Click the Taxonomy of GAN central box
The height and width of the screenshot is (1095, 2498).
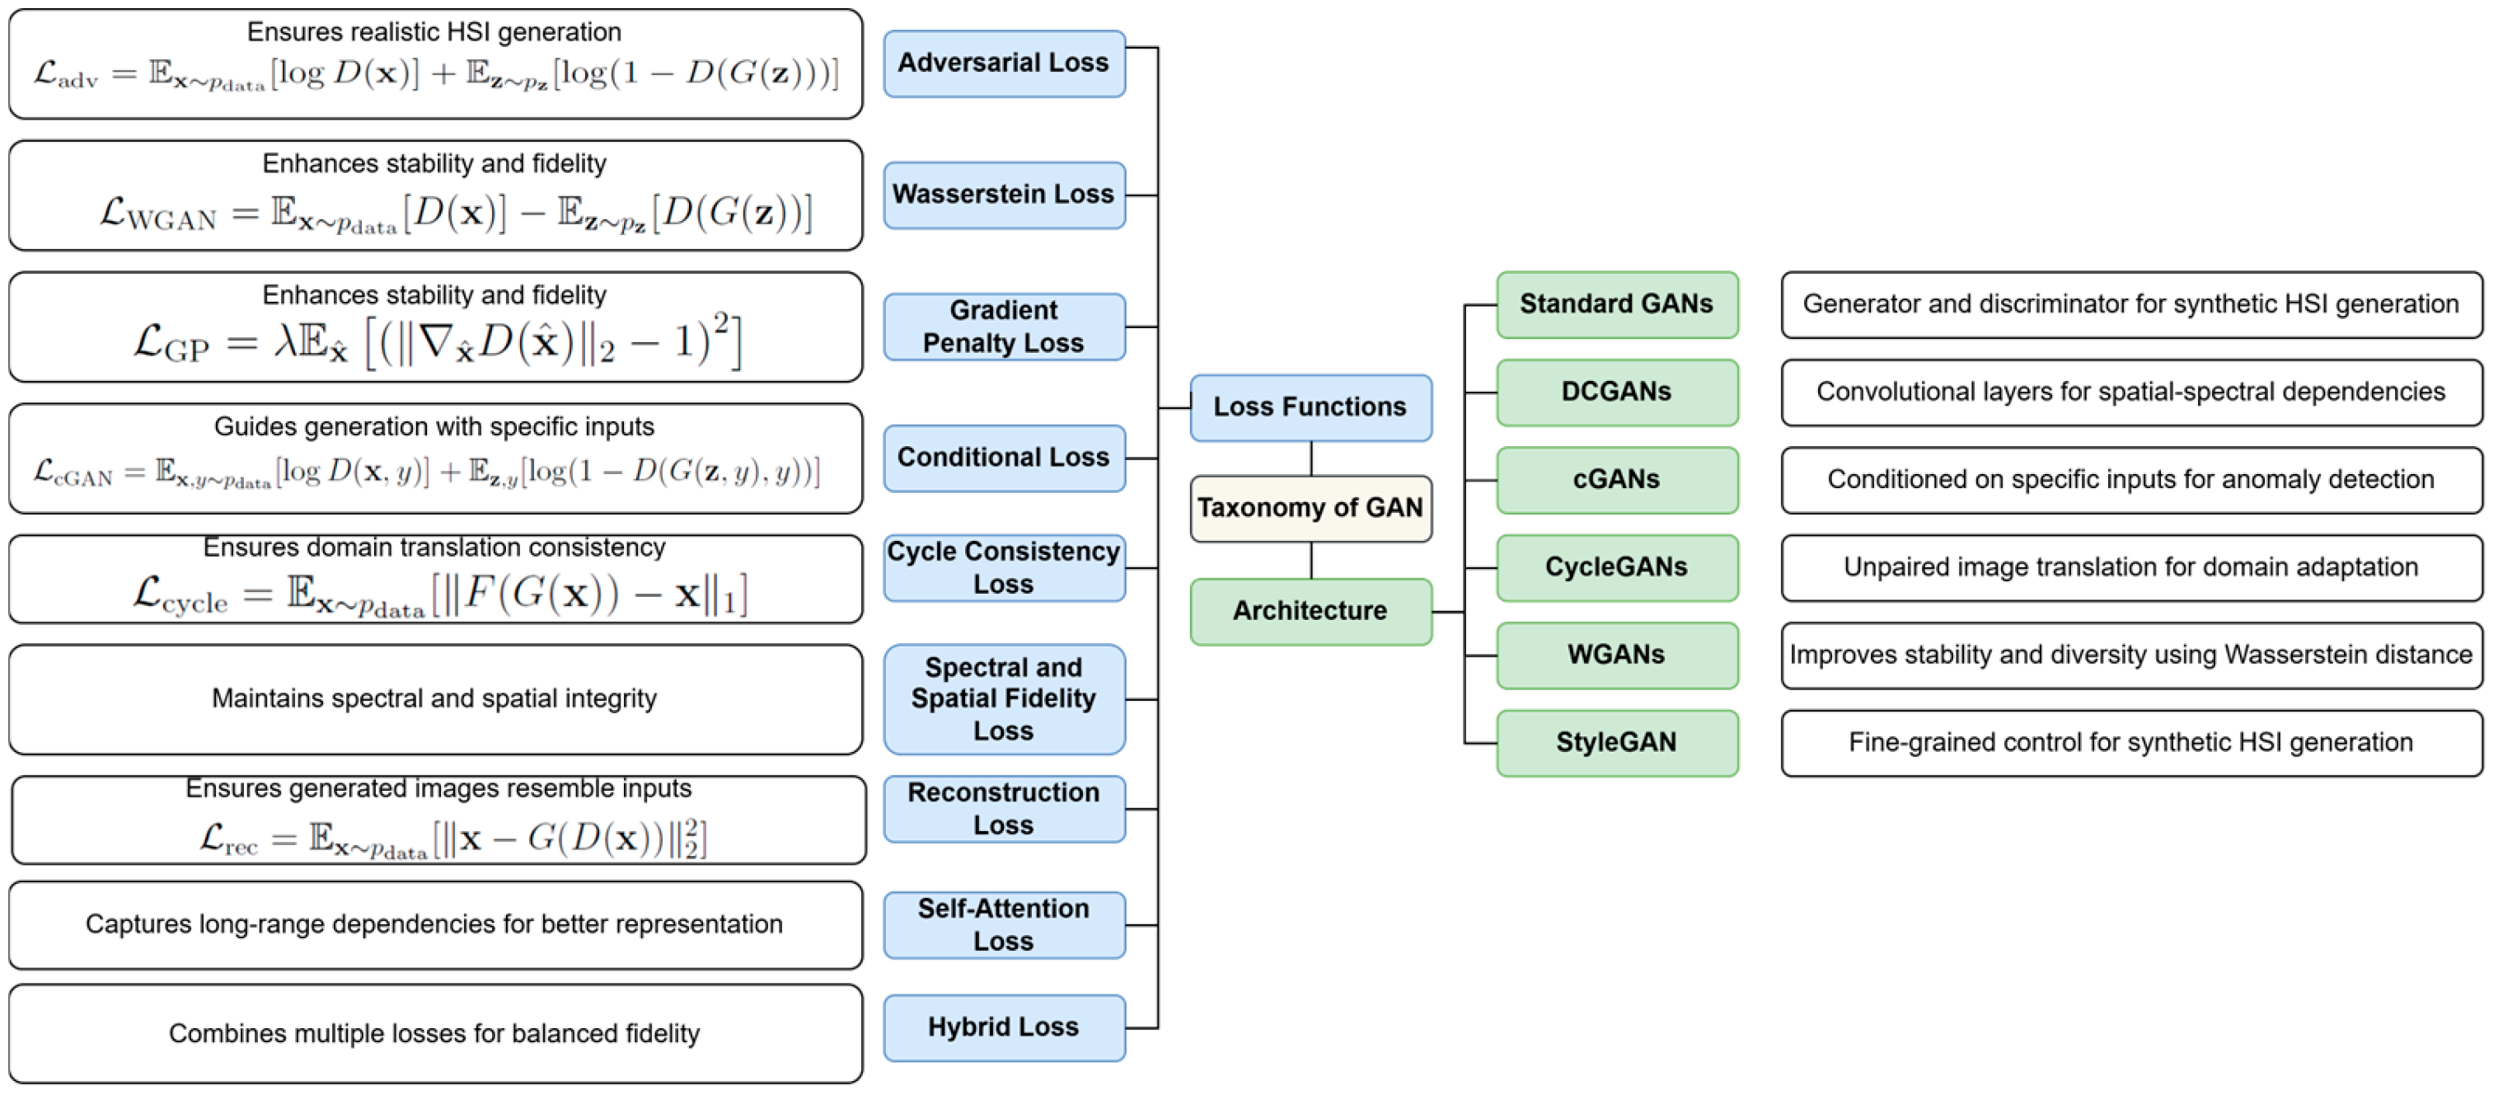click(1310, 508)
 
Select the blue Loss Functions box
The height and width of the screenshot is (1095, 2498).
click(1310, 407)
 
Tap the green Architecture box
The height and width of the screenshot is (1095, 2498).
click(1310, 611)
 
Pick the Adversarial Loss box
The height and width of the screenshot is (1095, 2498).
click(1004, 63)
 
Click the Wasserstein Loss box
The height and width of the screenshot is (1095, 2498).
click(1004, 195)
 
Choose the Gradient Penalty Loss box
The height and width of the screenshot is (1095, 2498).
click(1004, 327)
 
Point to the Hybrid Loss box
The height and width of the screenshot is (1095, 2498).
click(1004, 1027)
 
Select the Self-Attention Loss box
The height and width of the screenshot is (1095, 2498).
click(1004, 924)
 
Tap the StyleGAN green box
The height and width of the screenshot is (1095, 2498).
click(1616, 743)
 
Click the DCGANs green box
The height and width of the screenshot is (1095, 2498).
click(1616, 392)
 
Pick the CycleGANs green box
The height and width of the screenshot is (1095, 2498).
click(1616, 567)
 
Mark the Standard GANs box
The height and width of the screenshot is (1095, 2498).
click(1616, 304)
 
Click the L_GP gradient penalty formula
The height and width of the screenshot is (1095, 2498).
click(436, 341)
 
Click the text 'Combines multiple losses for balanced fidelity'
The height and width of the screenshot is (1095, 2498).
click(434, 1034)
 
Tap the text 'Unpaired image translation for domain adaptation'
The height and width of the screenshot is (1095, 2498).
click(2130, 567)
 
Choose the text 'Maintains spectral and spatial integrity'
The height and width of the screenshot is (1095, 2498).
click(434, 698)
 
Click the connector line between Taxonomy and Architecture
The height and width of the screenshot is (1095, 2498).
click(1311, 561)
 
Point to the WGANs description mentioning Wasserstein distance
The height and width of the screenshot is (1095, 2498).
click(2130, 656)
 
